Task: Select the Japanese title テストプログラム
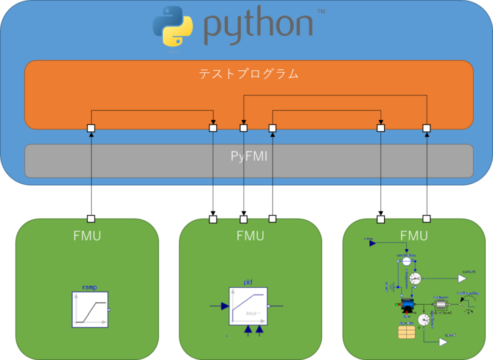point(249,74)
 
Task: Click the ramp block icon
point(90,309)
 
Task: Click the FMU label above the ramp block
point(87,236)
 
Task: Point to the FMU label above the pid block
point(250,236)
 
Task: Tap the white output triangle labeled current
point(462,278)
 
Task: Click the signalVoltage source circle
point(406,261)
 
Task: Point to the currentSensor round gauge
point(415,278)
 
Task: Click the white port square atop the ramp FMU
point(91,219)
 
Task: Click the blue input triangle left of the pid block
point(224,306)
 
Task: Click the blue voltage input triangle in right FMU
point(372,243)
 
